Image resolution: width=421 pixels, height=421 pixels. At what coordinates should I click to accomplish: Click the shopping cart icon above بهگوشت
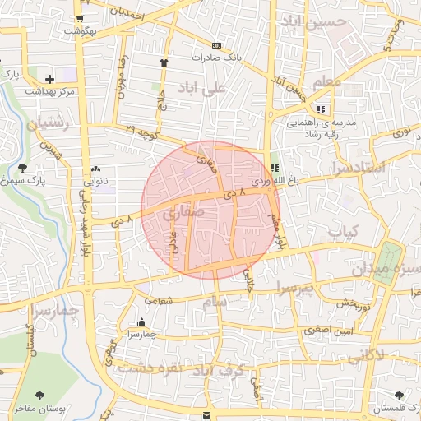tap(79, 17)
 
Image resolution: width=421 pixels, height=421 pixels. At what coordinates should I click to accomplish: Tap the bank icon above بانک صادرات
tap(216, 45)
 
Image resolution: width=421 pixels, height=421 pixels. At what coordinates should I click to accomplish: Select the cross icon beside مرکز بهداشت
tap(50, 80)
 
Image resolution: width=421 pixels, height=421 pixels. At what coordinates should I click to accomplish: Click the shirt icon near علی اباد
tap(164, 62)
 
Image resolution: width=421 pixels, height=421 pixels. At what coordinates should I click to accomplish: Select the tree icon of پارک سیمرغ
tap(22, 167)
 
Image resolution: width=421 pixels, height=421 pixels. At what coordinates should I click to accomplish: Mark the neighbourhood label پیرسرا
tap(293, 289)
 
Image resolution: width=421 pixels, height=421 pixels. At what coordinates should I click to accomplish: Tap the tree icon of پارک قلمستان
tap(400, 396)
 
